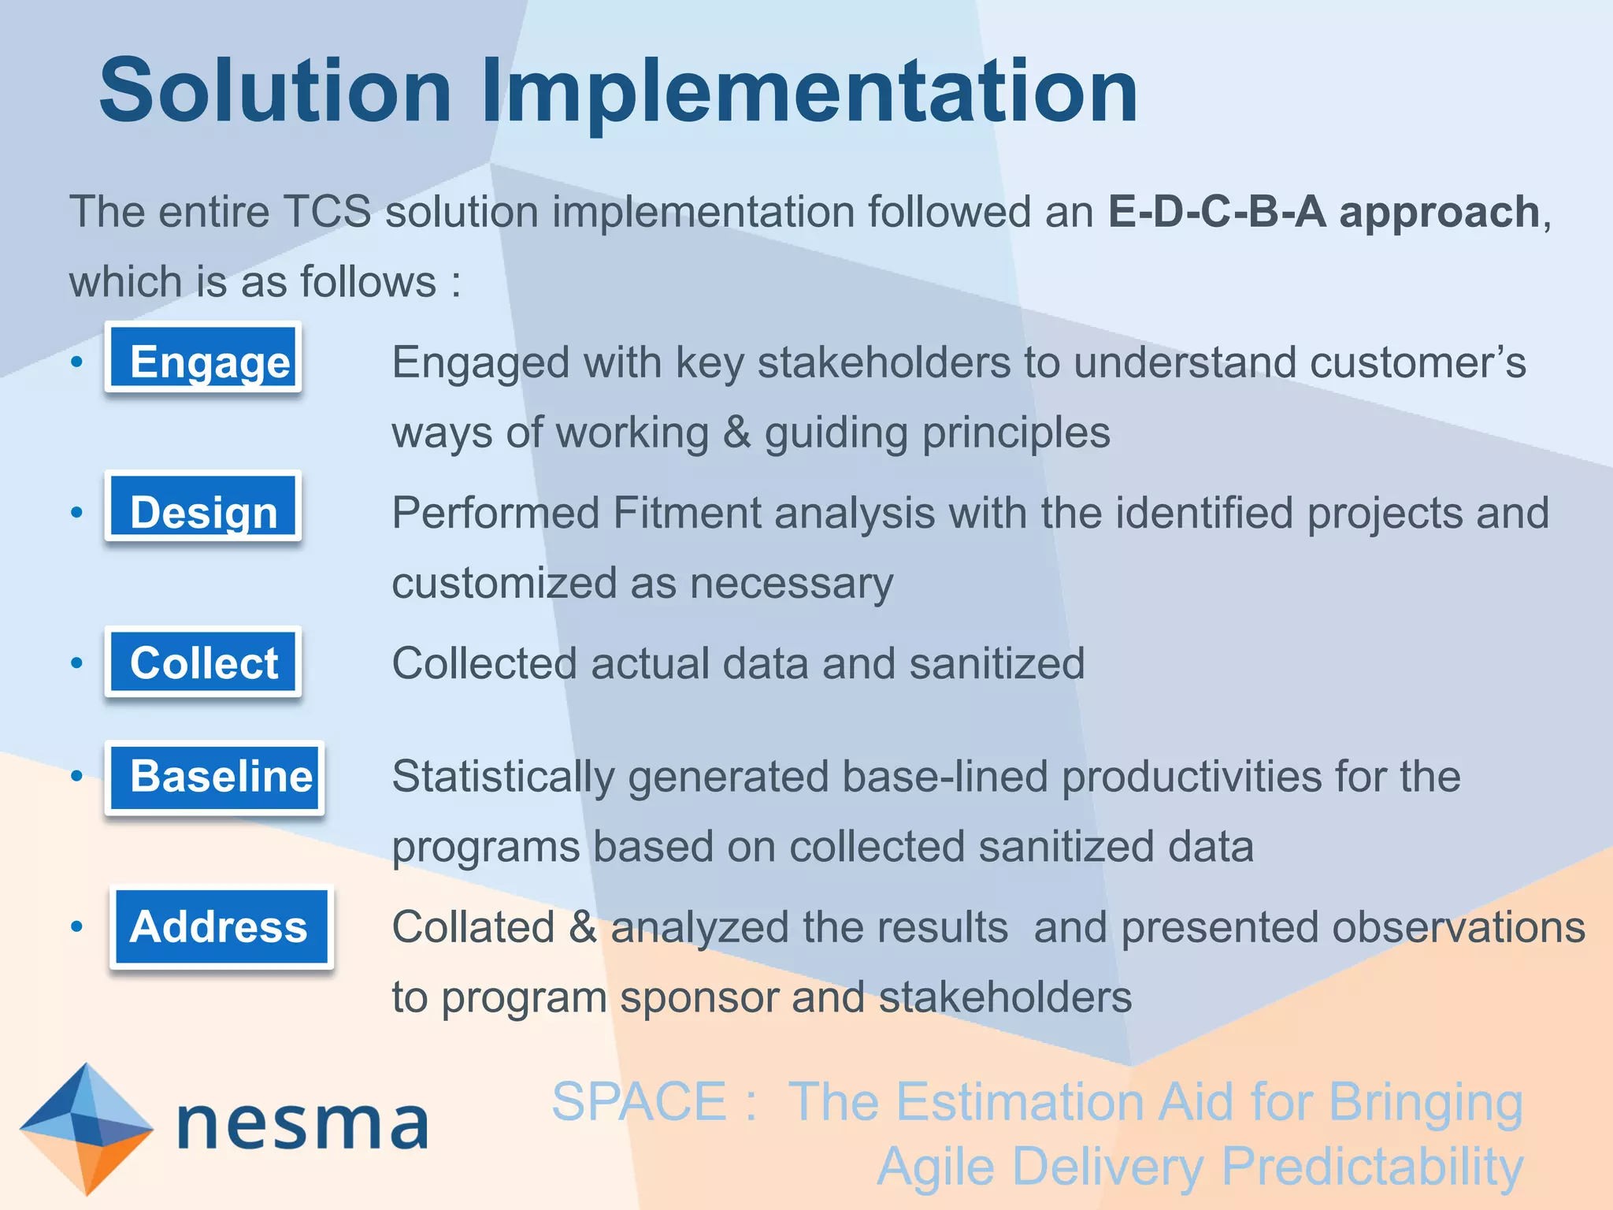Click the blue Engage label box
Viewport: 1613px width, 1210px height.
pyautogui.click(x=203, y=358)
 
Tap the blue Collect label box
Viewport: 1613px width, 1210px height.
pyautogui.click(x=203, y=663)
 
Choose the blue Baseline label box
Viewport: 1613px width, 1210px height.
pyautogui.click(x=214, y=777)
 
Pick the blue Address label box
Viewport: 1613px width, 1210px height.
pyautogui.click(x=221, y=927)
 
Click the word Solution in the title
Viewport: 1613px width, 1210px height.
pyautogui.click(x=276, y=91)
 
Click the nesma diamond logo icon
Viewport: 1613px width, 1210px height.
pyautogui.click(x=86, y=1128)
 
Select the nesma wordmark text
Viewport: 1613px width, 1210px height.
pyautogui.click(x=303, y=1125)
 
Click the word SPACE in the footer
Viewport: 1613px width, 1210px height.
pyautogui.click(x=639, y=1101)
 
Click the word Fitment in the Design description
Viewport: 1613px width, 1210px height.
pyautogui.click(x=686, y=513)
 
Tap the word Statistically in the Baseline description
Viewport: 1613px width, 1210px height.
pyautogui.click(x=503, y=777)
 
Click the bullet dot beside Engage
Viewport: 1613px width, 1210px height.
pyautogui.click(x=76, y=362)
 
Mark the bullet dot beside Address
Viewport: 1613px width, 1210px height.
pyautogui.click(x=76, y=927)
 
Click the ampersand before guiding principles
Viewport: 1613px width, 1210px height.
pyautogui.click(x=736, y=433)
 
